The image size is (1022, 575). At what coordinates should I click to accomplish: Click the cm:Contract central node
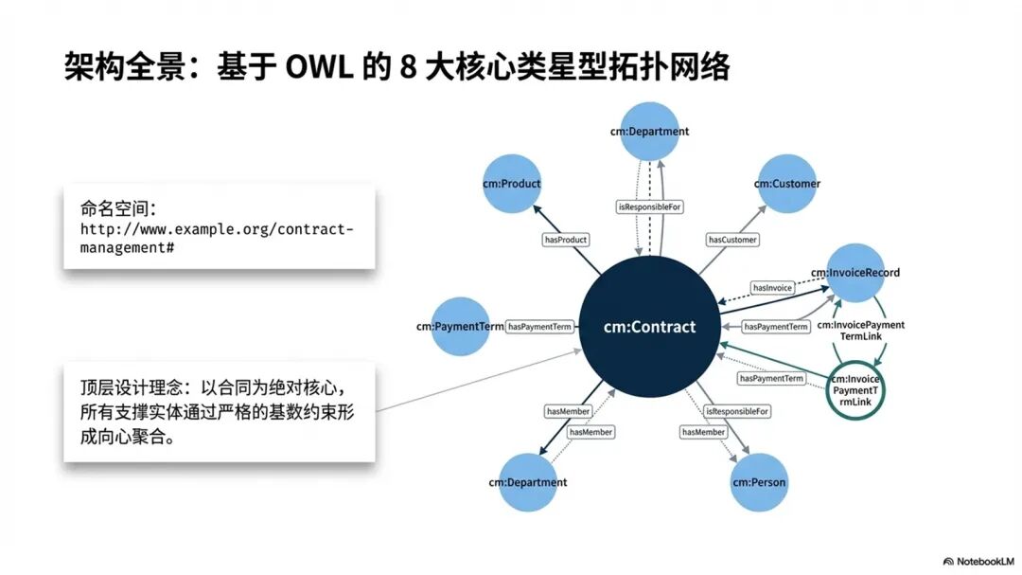[x=649, y=327]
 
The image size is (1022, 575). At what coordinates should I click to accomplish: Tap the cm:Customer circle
[x=787, y=183]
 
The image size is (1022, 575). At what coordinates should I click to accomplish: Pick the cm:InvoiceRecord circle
[x=855, y=273]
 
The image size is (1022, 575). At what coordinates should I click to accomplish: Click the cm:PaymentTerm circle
[x=460, y=327]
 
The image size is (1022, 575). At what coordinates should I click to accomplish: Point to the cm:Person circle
[x=759, y=482]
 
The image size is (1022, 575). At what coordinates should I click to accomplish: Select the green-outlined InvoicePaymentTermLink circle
[x=856, y=390]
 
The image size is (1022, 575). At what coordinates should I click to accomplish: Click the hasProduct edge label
[x=566, y=240]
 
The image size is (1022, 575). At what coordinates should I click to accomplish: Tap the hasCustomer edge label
[x=732, y=240]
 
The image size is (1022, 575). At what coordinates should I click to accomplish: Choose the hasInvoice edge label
[x=771, y=287]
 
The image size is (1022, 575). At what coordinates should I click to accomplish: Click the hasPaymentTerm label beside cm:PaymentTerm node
[x=540, y=327]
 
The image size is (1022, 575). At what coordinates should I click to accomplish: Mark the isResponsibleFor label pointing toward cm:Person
[x=737, y=411]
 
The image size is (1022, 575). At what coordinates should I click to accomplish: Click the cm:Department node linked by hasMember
[x=528, y=482]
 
